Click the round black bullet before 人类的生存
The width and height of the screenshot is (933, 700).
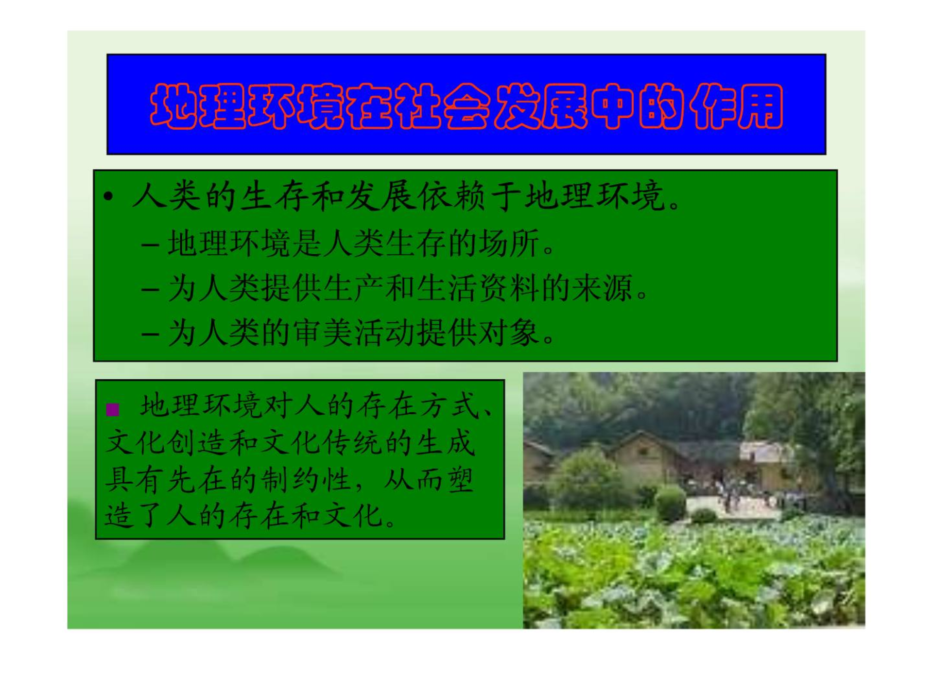[x=108, y=197]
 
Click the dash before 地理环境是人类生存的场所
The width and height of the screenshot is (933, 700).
[x=150, y=245]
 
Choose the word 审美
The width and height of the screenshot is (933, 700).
[x=323, y=333]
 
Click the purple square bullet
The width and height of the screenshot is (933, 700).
[x=113, y=410]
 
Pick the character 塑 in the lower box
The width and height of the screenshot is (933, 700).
[x=460, y=480]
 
